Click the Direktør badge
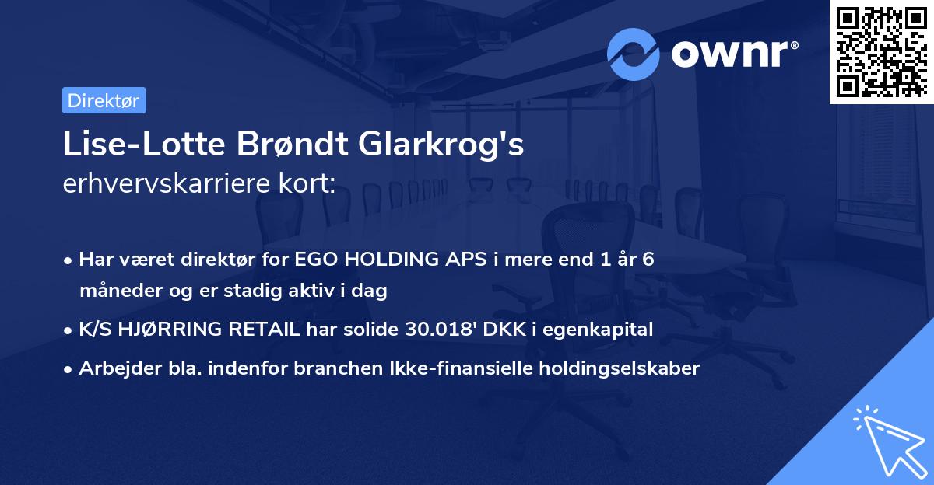coord(104,100)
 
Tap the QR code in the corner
coord(881,52)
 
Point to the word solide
coord(371,330)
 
